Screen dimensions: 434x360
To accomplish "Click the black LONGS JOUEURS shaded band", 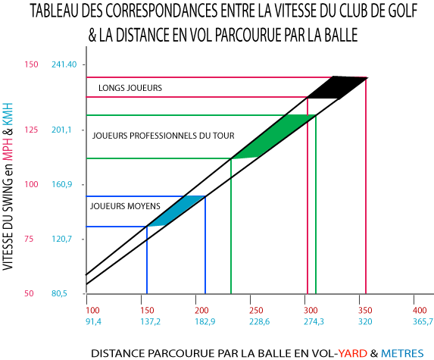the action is pyautogui.click(x=337, y=87).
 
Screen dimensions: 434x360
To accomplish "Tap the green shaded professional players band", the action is pyautogui.click(x=273, y=136).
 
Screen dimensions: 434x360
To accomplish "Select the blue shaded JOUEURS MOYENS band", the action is pyautogui.click(x=176, y=211).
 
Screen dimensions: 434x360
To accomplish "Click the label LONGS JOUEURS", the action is pyautogui.click(x=130, y=88).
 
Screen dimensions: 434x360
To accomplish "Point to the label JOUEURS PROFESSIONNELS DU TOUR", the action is pyautogui.click(x=164, y=136).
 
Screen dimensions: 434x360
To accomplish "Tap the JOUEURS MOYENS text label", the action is pyautogui.click(x=125, y=206).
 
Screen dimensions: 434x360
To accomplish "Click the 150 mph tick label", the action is pyautogui.click(x=31, y=64).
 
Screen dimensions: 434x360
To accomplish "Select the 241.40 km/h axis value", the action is pyautogui.click(x=64, y=64).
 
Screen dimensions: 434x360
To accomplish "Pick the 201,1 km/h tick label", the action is pyautogui.click(x=61, y=130).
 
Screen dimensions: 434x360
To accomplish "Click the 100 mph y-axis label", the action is pyautogui.click(x=31, y=184).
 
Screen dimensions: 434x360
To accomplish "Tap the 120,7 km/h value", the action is pyautogui.click(x=61, y=239).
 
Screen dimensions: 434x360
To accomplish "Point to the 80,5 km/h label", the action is pyautogui.click(x=59, y=293).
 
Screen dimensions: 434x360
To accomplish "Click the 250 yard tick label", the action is pyautogui.click(x=256, y=310).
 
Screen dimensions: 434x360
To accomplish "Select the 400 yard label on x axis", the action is pyautogui.click(x=420, y=310).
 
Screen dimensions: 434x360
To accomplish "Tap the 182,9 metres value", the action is pyautogui.click(x=205, y=322).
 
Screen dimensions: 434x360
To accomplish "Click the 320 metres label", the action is pyautogui.click(x=365, y=322).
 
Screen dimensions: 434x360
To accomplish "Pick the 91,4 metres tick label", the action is pyautogui.click(x=94, y=322).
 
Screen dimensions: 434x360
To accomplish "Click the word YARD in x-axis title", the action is pyautogui.click(x=353, y=353).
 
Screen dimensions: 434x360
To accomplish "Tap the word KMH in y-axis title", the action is pyautogui.click(x=8, y=114).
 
